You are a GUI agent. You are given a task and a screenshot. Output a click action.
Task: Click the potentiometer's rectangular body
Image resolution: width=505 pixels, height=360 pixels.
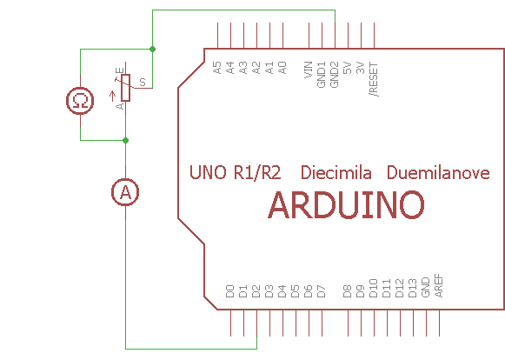pos(126,88)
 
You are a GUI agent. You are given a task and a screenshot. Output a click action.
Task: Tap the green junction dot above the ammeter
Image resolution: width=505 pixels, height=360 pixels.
pos(126,140)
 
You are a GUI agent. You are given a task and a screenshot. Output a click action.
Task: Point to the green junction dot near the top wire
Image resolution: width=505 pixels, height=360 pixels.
pos(152,49)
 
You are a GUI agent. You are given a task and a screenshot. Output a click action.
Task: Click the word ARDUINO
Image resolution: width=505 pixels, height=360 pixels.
pos(346,205)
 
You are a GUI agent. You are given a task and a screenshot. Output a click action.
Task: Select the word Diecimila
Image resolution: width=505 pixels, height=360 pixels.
pos(336,172)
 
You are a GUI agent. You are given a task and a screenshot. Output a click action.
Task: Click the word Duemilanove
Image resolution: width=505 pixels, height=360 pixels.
pos(438,172)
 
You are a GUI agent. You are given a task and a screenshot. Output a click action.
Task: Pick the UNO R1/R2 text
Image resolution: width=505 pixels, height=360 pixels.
pos(235,172)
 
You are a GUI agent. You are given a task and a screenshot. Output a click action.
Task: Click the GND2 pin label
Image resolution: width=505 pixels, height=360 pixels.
pos(335,75)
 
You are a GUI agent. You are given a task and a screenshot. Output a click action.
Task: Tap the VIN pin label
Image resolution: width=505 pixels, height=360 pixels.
pos(309,70)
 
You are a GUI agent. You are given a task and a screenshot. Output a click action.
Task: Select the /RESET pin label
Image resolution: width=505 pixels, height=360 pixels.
pos(374,79)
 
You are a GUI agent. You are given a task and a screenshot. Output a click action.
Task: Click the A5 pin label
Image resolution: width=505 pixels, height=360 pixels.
pos(217,68)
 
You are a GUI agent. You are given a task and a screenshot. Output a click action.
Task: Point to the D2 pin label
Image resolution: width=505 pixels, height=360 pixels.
pos(256,291)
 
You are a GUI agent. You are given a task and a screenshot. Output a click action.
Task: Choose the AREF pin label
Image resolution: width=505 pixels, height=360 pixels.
pos(439,286)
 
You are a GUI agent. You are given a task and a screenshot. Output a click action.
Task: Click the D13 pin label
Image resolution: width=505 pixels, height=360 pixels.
pos(412,288)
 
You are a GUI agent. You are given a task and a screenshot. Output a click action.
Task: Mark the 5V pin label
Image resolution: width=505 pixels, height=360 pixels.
pos(348,68)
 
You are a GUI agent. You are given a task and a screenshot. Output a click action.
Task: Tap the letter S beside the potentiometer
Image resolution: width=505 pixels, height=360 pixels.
pos(143,83)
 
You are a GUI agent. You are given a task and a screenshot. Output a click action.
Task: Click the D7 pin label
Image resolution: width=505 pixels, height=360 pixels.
pos(322,291)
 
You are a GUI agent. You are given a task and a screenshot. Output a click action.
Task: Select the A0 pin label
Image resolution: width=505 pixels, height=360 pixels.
pos(282,68)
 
